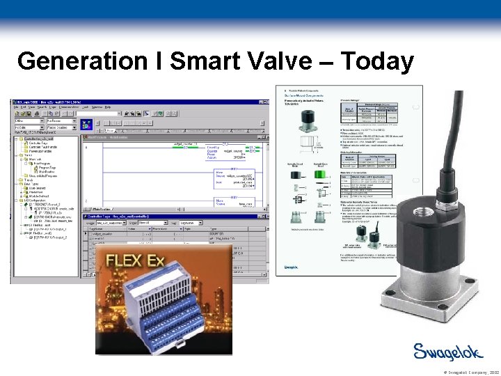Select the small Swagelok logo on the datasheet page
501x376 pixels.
(x=292, y=267)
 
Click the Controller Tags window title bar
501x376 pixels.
(x=174, y=217)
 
